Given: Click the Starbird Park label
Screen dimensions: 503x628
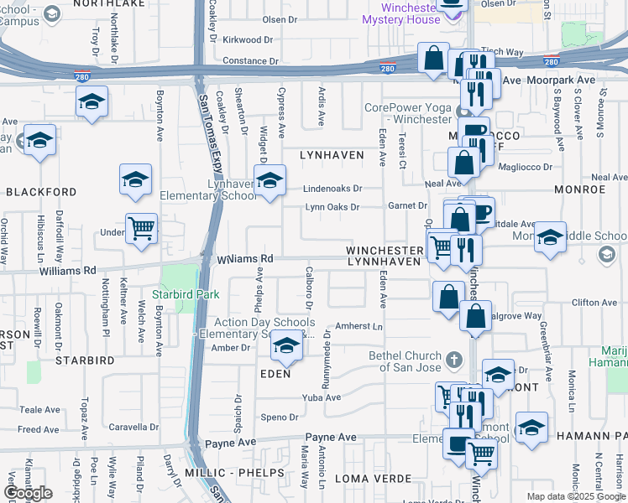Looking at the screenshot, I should tap(186, 294).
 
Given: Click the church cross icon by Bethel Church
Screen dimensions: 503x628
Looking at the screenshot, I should tap(454, 360).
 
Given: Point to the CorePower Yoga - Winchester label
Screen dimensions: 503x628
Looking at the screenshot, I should tap(408, 113).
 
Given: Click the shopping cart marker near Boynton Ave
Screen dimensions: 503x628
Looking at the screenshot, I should tap(142, 226).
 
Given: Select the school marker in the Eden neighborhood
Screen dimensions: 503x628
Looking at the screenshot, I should tap(286, 348).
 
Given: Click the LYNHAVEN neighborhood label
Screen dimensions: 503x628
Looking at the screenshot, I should tap(333, 155).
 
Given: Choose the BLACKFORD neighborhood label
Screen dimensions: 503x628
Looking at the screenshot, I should tap(41, 191).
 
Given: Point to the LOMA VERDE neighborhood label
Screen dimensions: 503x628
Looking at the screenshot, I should tap(374, 479).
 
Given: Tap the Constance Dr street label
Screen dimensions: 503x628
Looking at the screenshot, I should tap(250, 61).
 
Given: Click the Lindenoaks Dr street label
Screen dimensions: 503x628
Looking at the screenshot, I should tap(332, 189).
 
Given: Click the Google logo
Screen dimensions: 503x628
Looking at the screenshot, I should tap(28, 493).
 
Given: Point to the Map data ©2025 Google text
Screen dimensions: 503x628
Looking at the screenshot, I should tap(575, 496).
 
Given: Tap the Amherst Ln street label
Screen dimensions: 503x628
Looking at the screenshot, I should tap(358, 325).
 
